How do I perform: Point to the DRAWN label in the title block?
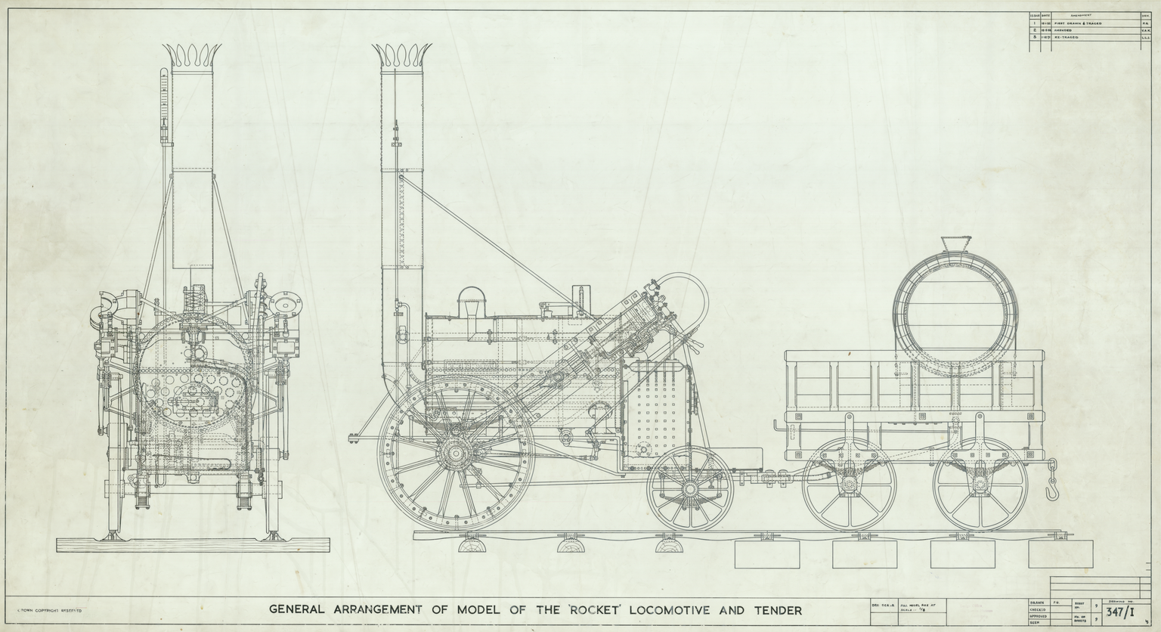coord(1037,602)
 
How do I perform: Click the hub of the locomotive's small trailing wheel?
coord(689,489)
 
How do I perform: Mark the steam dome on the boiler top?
coord(472,301)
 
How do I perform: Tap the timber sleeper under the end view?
coord(195,547)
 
